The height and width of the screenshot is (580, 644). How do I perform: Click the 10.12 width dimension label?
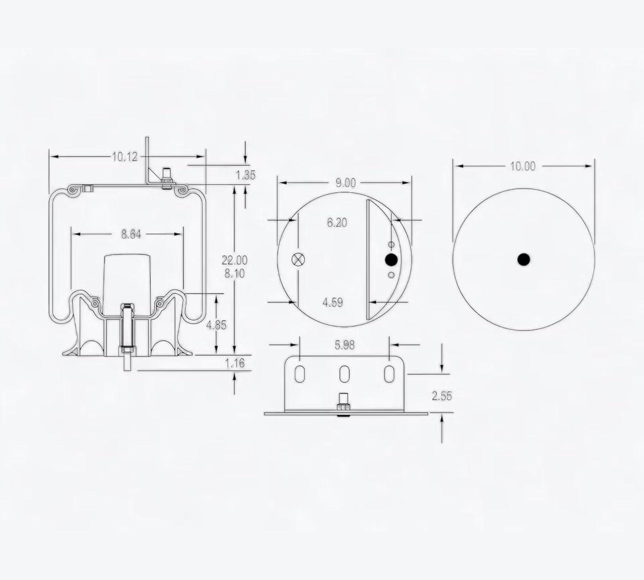[125, 157]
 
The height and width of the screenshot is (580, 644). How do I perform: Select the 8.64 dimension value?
[131, 235]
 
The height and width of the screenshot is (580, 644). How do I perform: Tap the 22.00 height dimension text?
[235, 260]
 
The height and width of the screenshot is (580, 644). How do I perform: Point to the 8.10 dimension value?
[235, 274]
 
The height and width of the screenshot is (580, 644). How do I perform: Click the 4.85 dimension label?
[216, 325]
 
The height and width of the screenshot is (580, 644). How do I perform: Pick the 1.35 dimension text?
[246, 175]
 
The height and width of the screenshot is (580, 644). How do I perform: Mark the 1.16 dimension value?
[235, 363]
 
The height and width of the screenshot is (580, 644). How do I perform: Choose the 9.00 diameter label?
[346, 183]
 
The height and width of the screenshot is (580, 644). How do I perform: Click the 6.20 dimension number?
[337, 223]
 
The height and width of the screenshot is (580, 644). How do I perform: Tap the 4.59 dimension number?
[333, 302]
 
